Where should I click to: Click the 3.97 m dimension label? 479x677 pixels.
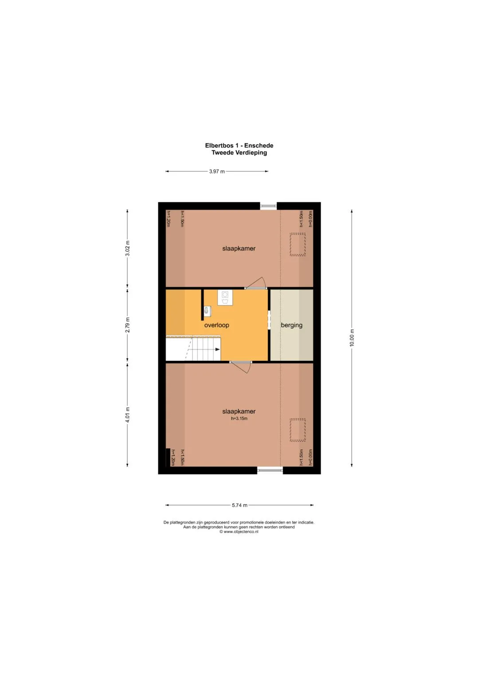click(x=217, y=172)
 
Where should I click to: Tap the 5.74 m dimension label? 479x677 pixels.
click(x=239, y=505)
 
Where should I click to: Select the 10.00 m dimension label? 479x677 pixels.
click(x=352, y=337)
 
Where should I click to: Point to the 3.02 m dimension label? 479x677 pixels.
click(x=127, y=248)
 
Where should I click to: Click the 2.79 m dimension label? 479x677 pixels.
click(x=127, y=325)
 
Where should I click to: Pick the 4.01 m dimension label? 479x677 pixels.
click(x=127, y=415)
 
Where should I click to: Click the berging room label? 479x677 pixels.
click(x=291, y=325)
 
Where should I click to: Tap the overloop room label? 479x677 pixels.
click(x=216, y=325)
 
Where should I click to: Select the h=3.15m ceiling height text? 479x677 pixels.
click(x=239, y=419)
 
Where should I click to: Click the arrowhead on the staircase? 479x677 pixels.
click(x=217, y=349)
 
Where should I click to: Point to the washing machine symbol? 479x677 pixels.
click(x=225, y=297)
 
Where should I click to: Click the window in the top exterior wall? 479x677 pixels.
click(x=268, y=206)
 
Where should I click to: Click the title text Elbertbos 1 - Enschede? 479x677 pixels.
click(x=239, y=145)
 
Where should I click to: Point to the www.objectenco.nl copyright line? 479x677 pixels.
click(x=239, y=532)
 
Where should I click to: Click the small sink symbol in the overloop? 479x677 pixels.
click(x=207, y=311)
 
